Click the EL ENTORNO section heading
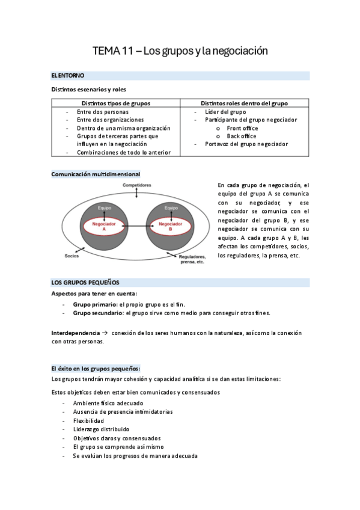click(68, 76)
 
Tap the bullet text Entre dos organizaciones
click(111, 120)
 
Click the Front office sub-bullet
click(242, 128)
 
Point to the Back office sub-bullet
click(241, 136)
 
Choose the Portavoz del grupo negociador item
click(246, 144)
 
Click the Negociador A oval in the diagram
click(104, 227)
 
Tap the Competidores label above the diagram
click(137, 185)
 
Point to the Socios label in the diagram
click(72, 256)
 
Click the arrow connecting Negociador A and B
click(138, 227)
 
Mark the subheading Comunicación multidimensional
click(96, 174)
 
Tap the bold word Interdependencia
click(76, 333)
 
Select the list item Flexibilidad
click(88, 420)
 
